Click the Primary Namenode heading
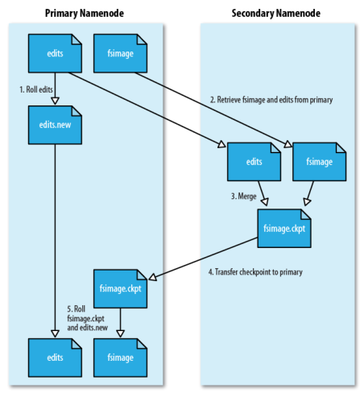tap(85, 13)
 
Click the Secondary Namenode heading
tap(276, 13)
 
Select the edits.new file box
tap(55, 125)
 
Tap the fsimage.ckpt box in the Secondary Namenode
tap(284, 229)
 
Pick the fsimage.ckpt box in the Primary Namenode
tap(120, 288)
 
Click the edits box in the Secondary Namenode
tap(254, 162)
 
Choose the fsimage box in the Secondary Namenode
tap(319, 162)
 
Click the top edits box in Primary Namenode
tap(55, 53)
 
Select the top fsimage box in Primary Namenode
tap(120, 53)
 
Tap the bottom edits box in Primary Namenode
tap(55, 358)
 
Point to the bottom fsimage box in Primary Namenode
tap(120, 358)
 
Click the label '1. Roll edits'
tap(36, 89)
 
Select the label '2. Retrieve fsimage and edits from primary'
tap(271, 100)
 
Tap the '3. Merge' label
tap(244, 196)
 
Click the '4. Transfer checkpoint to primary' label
tap(255, 272)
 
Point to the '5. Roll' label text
tap(77, 309)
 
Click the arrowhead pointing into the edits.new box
tap(55, 101)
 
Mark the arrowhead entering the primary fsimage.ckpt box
tap(152, 277)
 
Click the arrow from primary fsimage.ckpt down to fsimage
tap(120, 323)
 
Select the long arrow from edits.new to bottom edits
tap(55, 241)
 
